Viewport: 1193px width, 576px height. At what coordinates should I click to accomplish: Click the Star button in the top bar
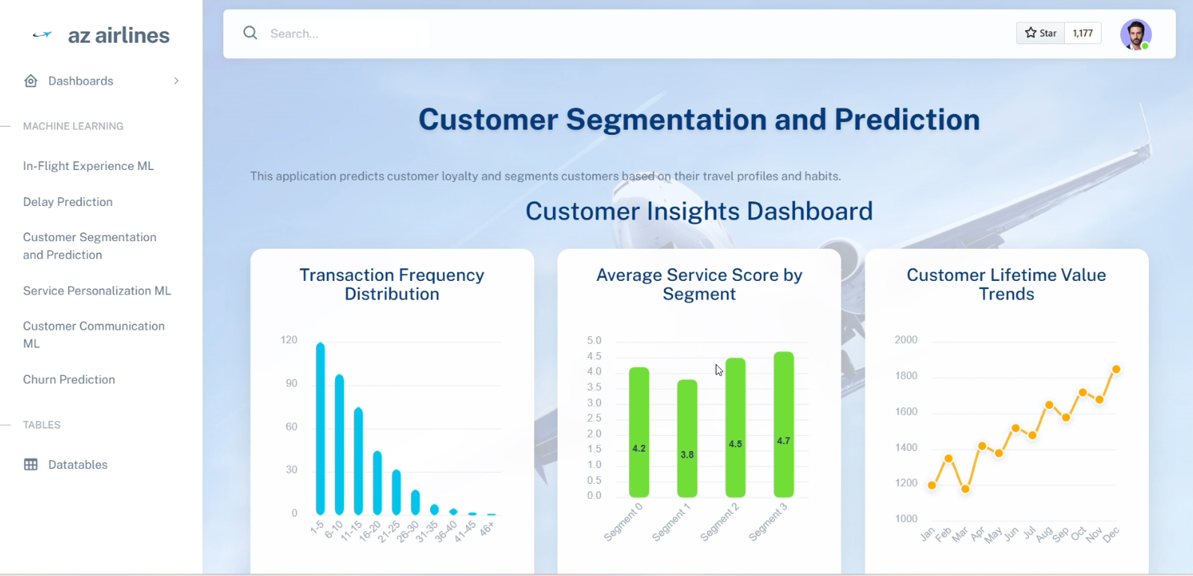[1040, 33]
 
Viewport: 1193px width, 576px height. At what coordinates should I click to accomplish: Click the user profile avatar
[1136, 34]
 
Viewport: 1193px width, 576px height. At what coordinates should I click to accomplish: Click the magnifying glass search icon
[250, 33]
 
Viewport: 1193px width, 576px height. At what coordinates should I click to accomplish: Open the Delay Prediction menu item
[67, 201]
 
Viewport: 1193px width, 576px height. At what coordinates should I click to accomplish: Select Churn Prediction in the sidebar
[69, 380]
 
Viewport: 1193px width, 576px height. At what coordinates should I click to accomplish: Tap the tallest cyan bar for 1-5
[320, 428]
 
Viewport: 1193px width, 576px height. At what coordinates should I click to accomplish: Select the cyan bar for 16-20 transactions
[377, 483]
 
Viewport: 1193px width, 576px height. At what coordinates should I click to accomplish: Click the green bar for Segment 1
[687, 439]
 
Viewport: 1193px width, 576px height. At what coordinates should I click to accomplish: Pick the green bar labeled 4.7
[783, 424]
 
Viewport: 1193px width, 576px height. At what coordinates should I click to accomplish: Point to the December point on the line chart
[1117, 369]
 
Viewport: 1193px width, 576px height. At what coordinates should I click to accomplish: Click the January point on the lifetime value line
[932, 485]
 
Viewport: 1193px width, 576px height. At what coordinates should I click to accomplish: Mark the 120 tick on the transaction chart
[289, 340]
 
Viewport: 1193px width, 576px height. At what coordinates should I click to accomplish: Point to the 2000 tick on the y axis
[906, 340]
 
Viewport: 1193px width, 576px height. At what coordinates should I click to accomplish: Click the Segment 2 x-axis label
[720, 522]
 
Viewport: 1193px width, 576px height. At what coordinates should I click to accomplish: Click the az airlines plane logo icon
[42, 35]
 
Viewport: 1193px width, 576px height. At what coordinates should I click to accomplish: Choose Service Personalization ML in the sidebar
[97, 291]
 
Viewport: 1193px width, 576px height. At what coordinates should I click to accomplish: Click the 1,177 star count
[1083, 33]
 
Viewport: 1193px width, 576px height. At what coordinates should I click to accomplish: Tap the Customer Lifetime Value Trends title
[1006, 285]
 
